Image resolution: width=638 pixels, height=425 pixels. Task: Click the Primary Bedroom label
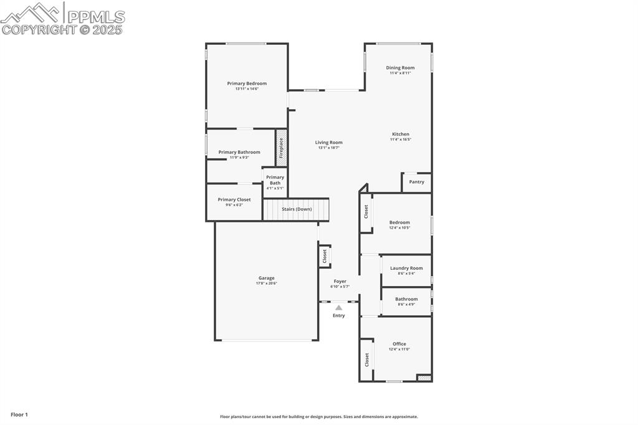[x=247, y=84]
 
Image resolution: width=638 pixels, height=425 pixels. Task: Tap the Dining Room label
[x=400, y=68]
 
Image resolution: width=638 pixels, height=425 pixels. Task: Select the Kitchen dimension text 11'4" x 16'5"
[x=400, y=140]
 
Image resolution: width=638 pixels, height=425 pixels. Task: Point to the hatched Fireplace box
[x=281, y=147]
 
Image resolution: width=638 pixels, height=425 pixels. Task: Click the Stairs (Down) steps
[x=296, y=209]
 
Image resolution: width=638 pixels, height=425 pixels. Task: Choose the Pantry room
[x=417, y=182]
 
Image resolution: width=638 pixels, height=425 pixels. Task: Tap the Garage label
[x=266, y=278]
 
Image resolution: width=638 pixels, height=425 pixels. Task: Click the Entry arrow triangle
[x=338, y=307]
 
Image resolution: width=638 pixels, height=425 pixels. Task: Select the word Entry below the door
[x=338, y=315]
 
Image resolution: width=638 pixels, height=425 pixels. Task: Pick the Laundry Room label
[x=406, y=268]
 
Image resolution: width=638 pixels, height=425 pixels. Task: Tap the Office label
[x=399, y=344]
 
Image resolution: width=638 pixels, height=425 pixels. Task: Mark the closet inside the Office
[x=366, y=360]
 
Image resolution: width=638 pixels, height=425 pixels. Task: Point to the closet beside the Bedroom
[x=366, y=212]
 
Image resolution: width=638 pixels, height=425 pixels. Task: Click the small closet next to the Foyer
[x=324, y=255]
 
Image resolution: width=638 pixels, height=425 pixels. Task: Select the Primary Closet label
[x=234, y=199]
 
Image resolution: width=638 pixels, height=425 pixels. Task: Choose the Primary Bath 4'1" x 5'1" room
[x=275, y=183]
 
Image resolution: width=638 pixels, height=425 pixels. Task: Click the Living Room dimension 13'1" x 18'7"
[x=328, y=148]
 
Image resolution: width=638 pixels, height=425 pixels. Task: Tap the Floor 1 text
[x=19, y=414]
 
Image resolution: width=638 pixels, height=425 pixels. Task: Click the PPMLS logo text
[x=97, y=17]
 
